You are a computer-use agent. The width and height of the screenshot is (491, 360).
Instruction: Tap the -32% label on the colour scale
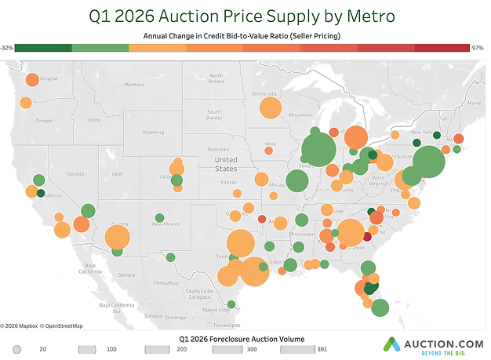pos(7,48)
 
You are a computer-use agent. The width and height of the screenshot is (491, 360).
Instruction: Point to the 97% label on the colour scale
pos(477,48)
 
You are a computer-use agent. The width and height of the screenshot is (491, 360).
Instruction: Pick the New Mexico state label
pos(166,224)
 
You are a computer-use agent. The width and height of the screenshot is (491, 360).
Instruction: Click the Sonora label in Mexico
pos(125,275)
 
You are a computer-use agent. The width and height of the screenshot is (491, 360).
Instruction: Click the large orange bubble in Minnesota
pos(270,107)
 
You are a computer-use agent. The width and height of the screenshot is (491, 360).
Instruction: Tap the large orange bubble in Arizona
pos(117,237)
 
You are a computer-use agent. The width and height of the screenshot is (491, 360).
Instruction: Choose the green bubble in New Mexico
pos(159,217)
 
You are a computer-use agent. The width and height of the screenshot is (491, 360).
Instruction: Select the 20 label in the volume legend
pos(43,347)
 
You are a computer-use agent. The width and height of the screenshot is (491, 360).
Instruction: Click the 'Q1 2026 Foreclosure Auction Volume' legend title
pos(242,336)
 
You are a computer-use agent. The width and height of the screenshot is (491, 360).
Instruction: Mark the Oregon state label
pos(43,120)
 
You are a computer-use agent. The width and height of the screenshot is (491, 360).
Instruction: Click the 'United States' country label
pos(226,163)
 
